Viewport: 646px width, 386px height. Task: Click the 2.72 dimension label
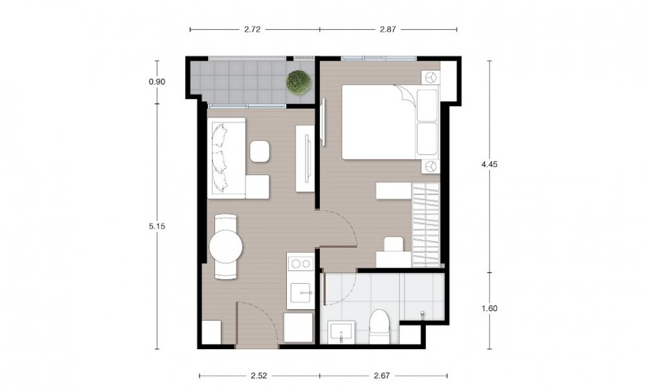(252, 29)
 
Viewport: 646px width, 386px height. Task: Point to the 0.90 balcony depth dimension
(157, 81)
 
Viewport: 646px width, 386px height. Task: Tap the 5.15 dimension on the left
(157, 226)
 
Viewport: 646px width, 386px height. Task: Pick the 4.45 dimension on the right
(490, 164)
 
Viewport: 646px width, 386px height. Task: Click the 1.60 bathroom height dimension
(490, 308)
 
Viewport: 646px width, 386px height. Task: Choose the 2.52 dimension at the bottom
(259, 376)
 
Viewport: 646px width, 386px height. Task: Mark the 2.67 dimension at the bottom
(382, 376)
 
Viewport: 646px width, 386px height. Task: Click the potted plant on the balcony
(298, 82)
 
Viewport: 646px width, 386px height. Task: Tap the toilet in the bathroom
(379, 326)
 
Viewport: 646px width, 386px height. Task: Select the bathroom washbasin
(341, 332)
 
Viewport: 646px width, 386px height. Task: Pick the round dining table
(225, 247)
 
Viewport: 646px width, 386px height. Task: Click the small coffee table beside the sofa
(260, 151)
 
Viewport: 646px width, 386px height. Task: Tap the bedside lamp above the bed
(430, 77)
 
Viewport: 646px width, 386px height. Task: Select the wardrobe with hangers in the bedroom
(426, 224)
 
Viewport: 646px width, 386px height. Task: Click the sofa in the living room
(227, 158)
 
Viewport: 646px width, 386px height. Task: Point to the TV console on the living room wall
(306, 159)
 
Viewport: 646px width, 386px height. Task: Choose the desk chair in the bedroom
(393, 244)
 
